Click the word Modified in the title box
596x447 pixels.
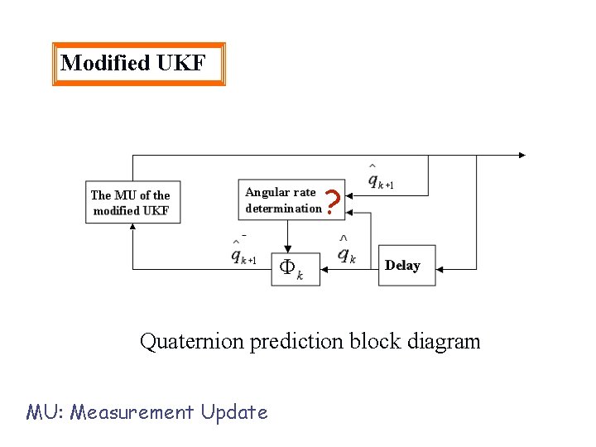tap(104, 63)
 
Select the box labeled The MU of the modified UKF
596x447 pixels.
tap(132, 203)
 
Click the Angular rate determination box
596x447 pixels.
tap(283, 200)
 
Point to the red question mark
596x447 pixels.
tap(332, 202)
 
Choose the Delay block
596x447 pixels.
tap(406, 266)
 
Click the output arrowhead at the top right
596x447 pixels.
tap(521, 155)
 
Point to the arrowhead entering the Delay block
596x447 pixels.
tap(440, 270)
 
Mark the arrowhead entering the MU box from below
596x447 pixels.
tap(132, 227)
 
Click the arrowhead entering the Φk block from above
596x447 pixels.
tap(287, 249)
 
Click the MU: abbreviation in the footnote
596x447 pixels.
tap(45, 411)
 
